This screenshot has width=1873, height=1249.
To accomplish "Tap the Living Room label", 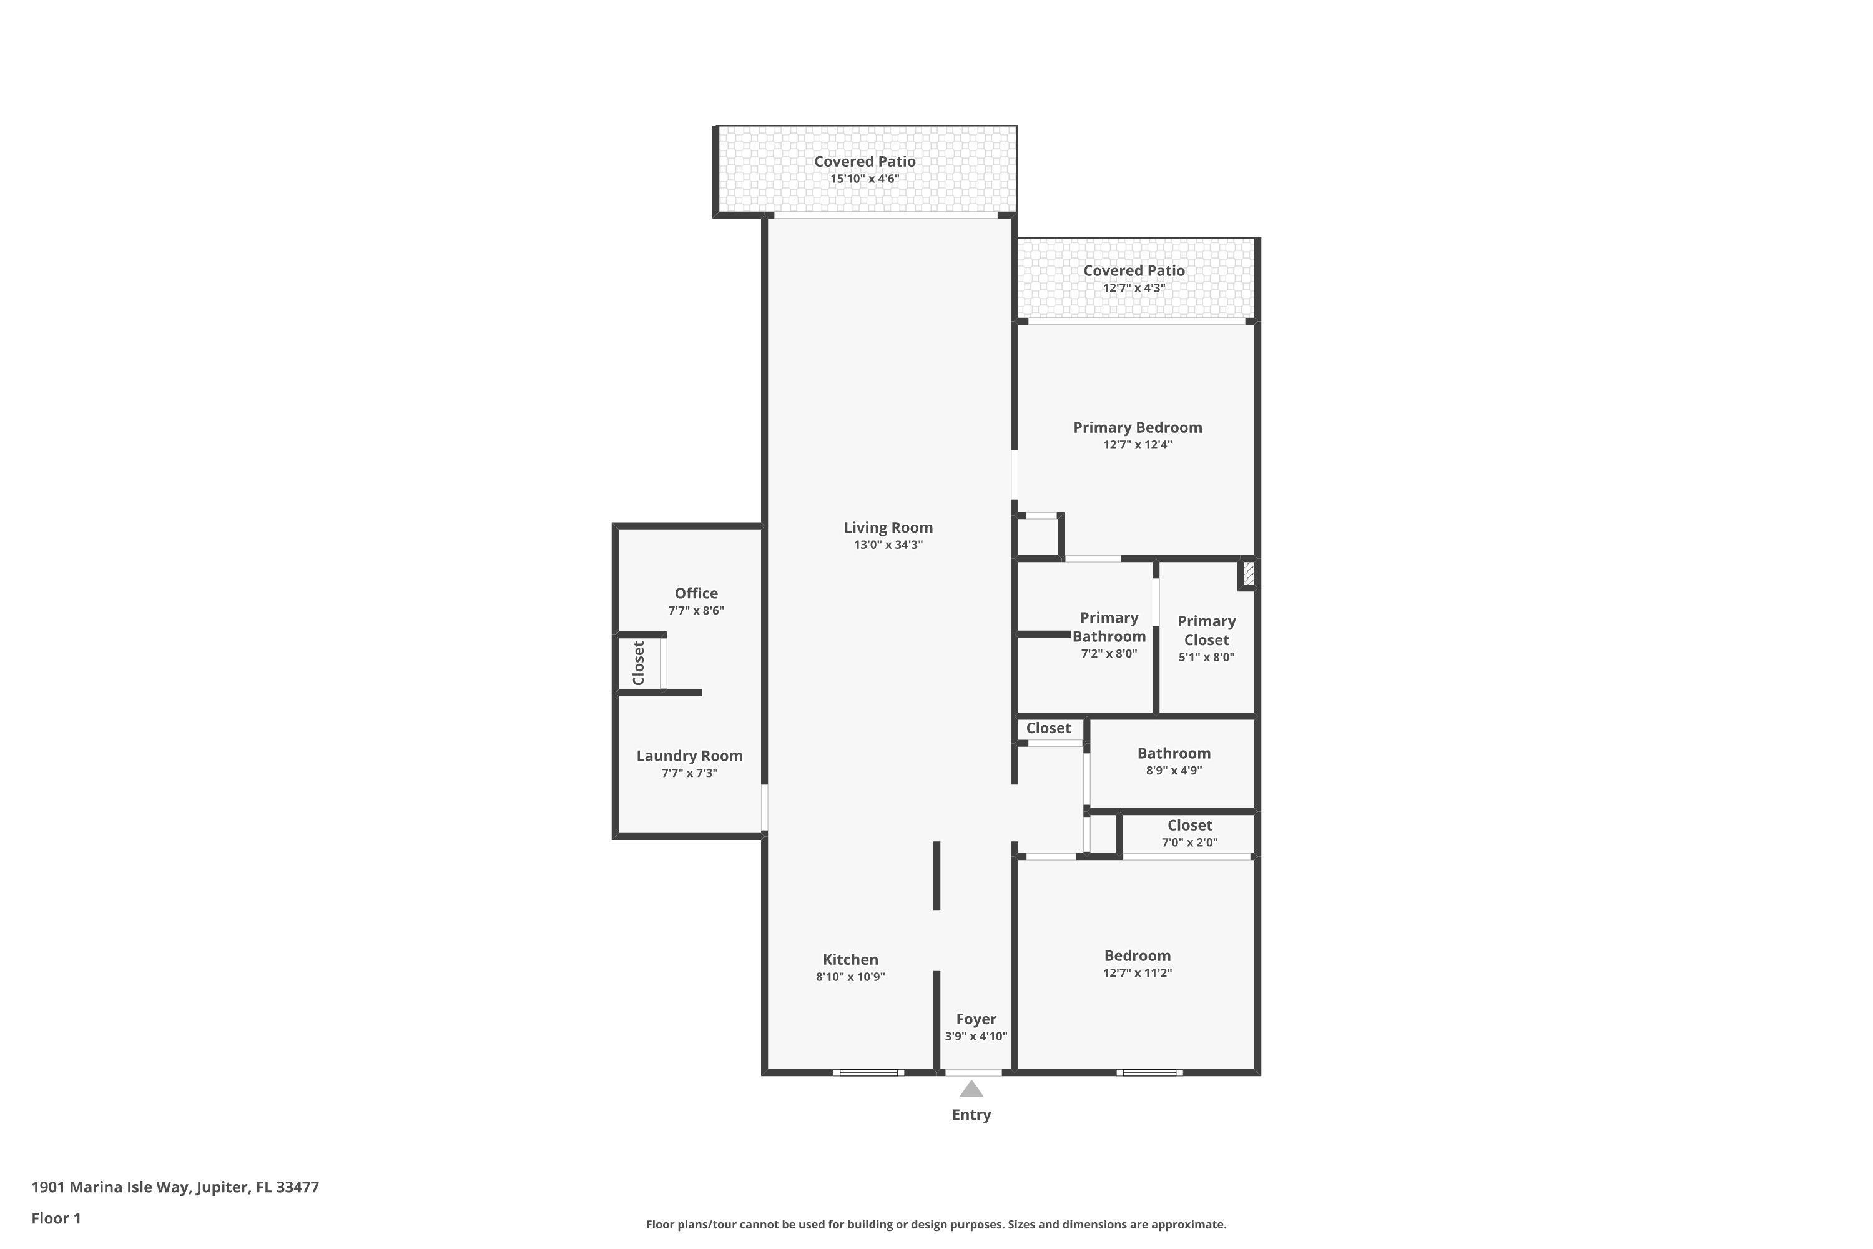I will (x=888, y=527).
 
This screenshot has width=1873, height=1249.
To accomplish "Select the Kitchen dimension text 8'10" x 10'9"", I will (x=850, y=977).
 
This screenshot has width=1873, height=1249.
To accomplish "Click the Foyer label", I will (x=975, y=1019).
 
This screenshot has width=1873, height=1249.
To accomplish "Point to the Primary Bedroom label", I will (x=1137, y=427).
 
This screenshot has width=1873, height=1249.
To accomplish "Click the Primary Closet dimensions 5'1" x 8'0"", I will (x=1206, y=657).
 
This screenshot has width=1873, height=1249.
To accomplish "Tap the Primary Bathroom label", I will (x=1109, y=627).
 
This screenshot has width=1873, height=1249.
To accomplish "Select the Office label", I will (x=696, y=593).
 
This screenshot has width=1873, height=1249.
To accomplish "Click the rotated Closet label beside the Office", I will (x=638, y=663).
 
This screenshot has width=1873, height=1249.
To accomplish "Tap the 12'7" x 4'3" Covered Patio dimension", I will (x=1133, y=287).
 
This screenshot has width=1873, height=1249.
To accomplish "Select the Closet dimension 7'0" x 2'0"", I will (x=1189, y=842).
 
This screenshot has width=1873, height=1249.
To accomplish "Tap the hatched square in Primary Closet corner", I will (x=1248, y=573).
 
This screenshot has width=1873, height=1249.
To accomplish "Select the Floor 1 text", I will (x=56, y=1218).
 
